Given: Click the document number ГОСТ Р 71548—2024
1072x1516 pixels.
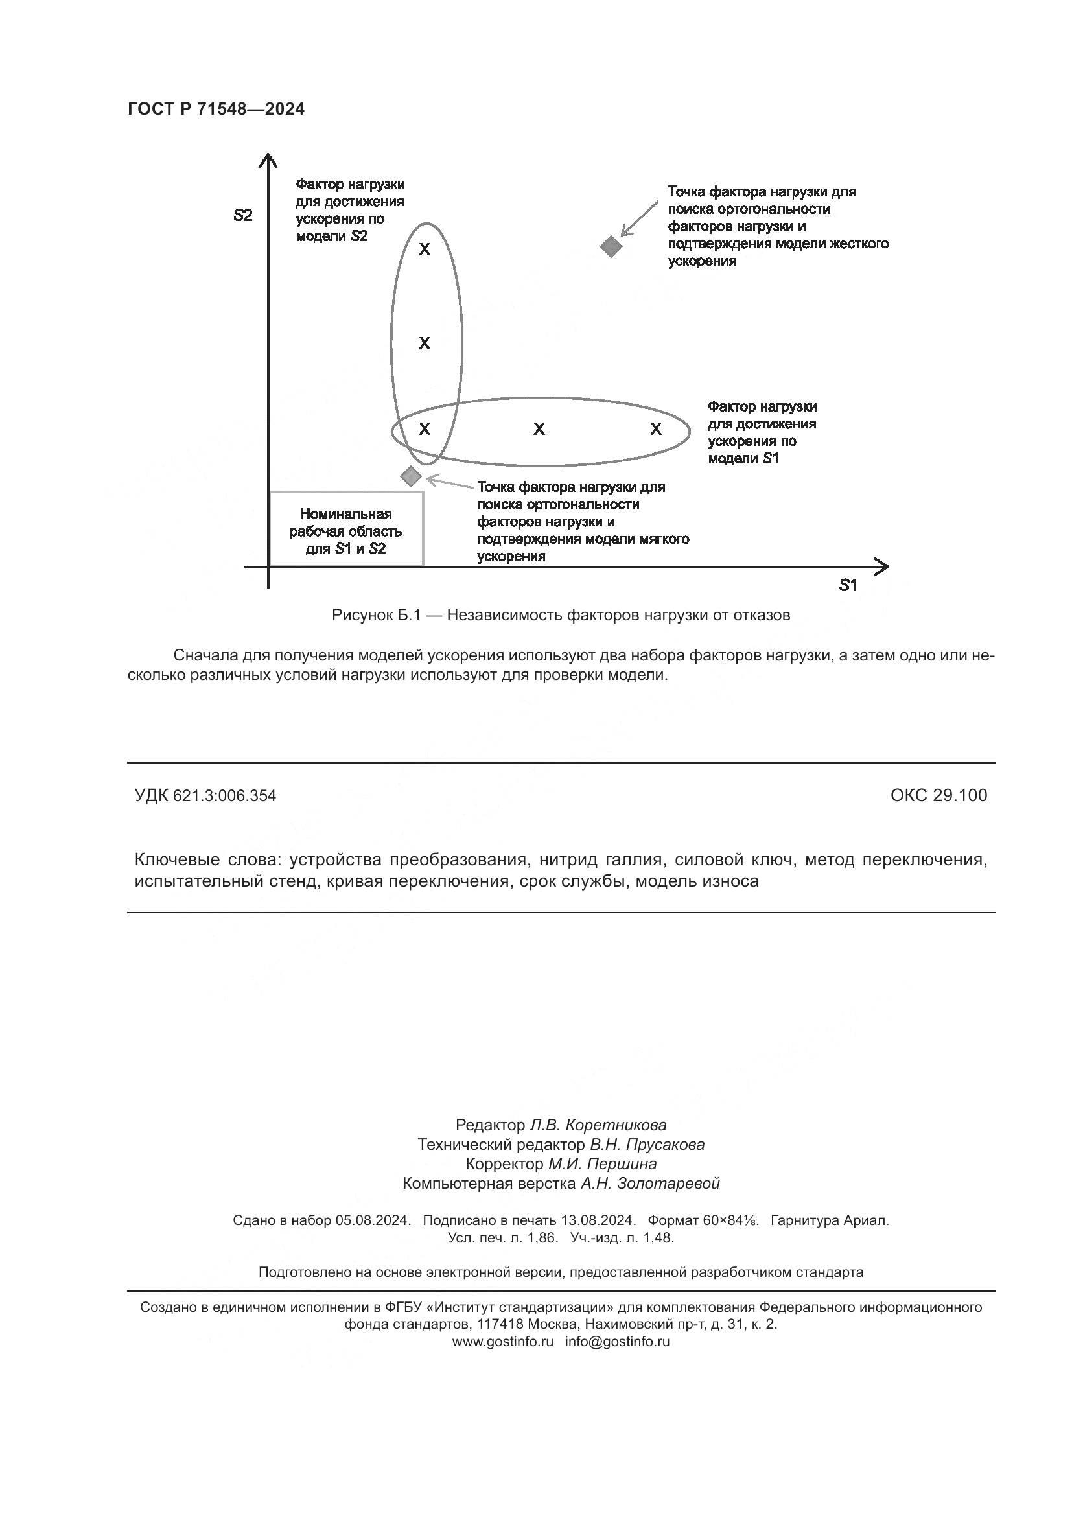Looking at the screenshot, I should [216, 109].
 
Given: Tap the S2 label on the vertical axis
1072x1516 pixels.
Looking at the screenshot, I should [243, 215].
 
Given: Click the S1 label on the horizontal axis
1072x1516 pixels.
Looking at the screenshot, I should [848, 586].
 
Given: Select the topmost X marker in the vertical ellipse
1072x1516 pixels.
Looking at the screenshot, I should [425, 250].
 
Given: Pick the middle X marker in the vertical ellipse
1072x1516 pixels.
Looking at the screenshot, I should [425, 344].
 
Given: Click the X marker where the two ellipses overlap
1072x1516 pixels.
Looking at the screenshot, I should [425, 429].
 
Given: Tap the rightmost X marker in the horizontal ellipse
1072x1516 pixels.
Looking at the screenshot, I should [655, 429].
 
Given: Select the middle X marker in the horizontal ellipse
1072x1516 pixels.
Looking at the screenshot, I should [539, 429].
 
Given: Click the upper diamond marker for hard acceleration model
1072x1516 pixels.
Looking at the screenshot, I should [611, 246].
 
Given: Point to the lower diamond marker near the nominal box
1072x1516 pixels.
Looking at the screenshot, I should [410, 476].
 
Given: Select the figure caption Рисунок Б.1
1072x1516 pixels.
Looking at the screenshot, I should [561, 615].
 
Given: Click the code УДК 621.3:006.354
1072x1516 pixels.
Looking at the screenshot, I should [205, 796].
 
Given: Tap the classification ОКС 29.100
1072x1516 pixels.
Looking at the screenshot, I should [938, 795].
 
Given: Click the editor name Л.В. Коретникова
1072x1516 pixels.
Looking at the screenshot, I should [598, 1125].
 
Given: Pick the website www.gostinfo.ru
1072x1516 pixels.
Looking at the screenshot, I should [502, 1342].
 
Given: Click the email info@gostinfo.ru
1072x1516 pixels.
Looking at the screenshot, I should [617, 1342].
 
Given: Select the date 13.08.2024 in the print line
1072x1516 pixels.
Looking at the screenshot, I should [598, 1220].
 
